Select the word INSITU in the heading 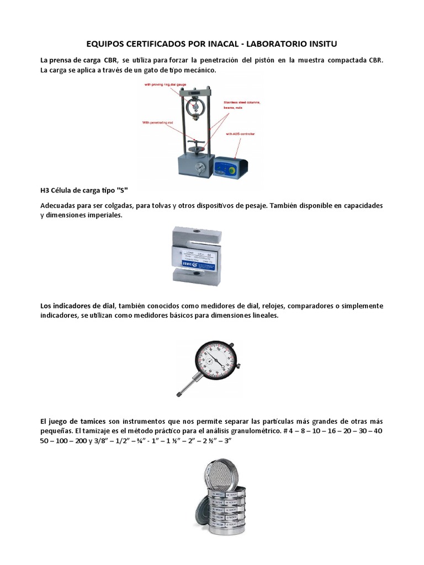tap(317, 43)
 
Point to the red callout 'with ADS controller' tap(240, 134)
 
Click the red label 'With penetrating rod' tap(160, 122)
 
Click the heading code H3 tap(46, 190)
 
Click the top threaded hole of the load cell tap(202, 232)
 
